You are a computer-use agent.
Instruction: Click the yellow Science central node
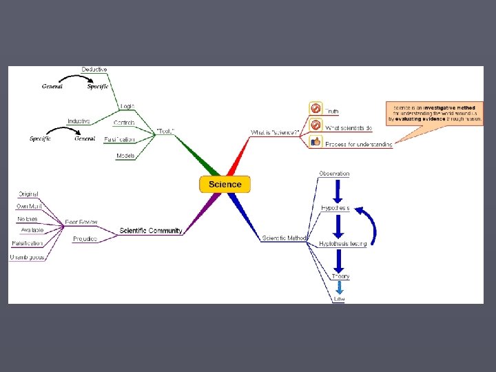click(x=225, y=184)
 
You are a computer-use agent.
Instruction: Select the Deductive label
click(x=94, y=70)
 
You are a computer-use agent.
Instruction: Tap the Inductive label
click(x=79, y=121)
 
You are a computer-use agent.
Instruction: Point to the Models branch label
click(x=125, y=156)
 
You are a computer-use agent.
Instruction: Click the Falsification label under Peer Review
click(x=27, y=243)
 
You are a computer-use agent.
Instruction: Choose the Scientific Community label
click(x=150, y=231)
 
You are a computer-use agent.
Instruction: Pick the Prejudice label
click(x=85, y=239)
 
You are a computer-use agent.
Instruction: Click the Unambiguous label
click(x=26, y=257)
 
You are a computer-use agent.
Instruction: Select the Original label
click(x=28, y=194)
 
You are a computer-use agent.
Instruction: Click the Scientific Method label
click(x=284, y=238)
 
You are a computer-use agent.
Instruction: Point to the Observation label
click(x=334, y=174)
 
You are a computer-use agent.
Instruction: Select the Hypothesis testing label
click(x=342, y=245)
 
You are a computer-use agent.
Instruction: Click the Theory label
click(x=340, y=276)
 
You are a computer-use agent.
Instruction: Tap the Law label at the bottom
click(x=339, y=298)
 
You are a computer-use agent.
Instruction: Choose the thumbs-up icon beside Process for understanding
click(x=316, y=142)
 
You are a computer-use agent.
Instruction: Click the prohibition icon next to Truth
click(x=316, y=108)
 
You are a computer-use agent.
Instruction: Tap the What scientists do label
click(x=349, y=127)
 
